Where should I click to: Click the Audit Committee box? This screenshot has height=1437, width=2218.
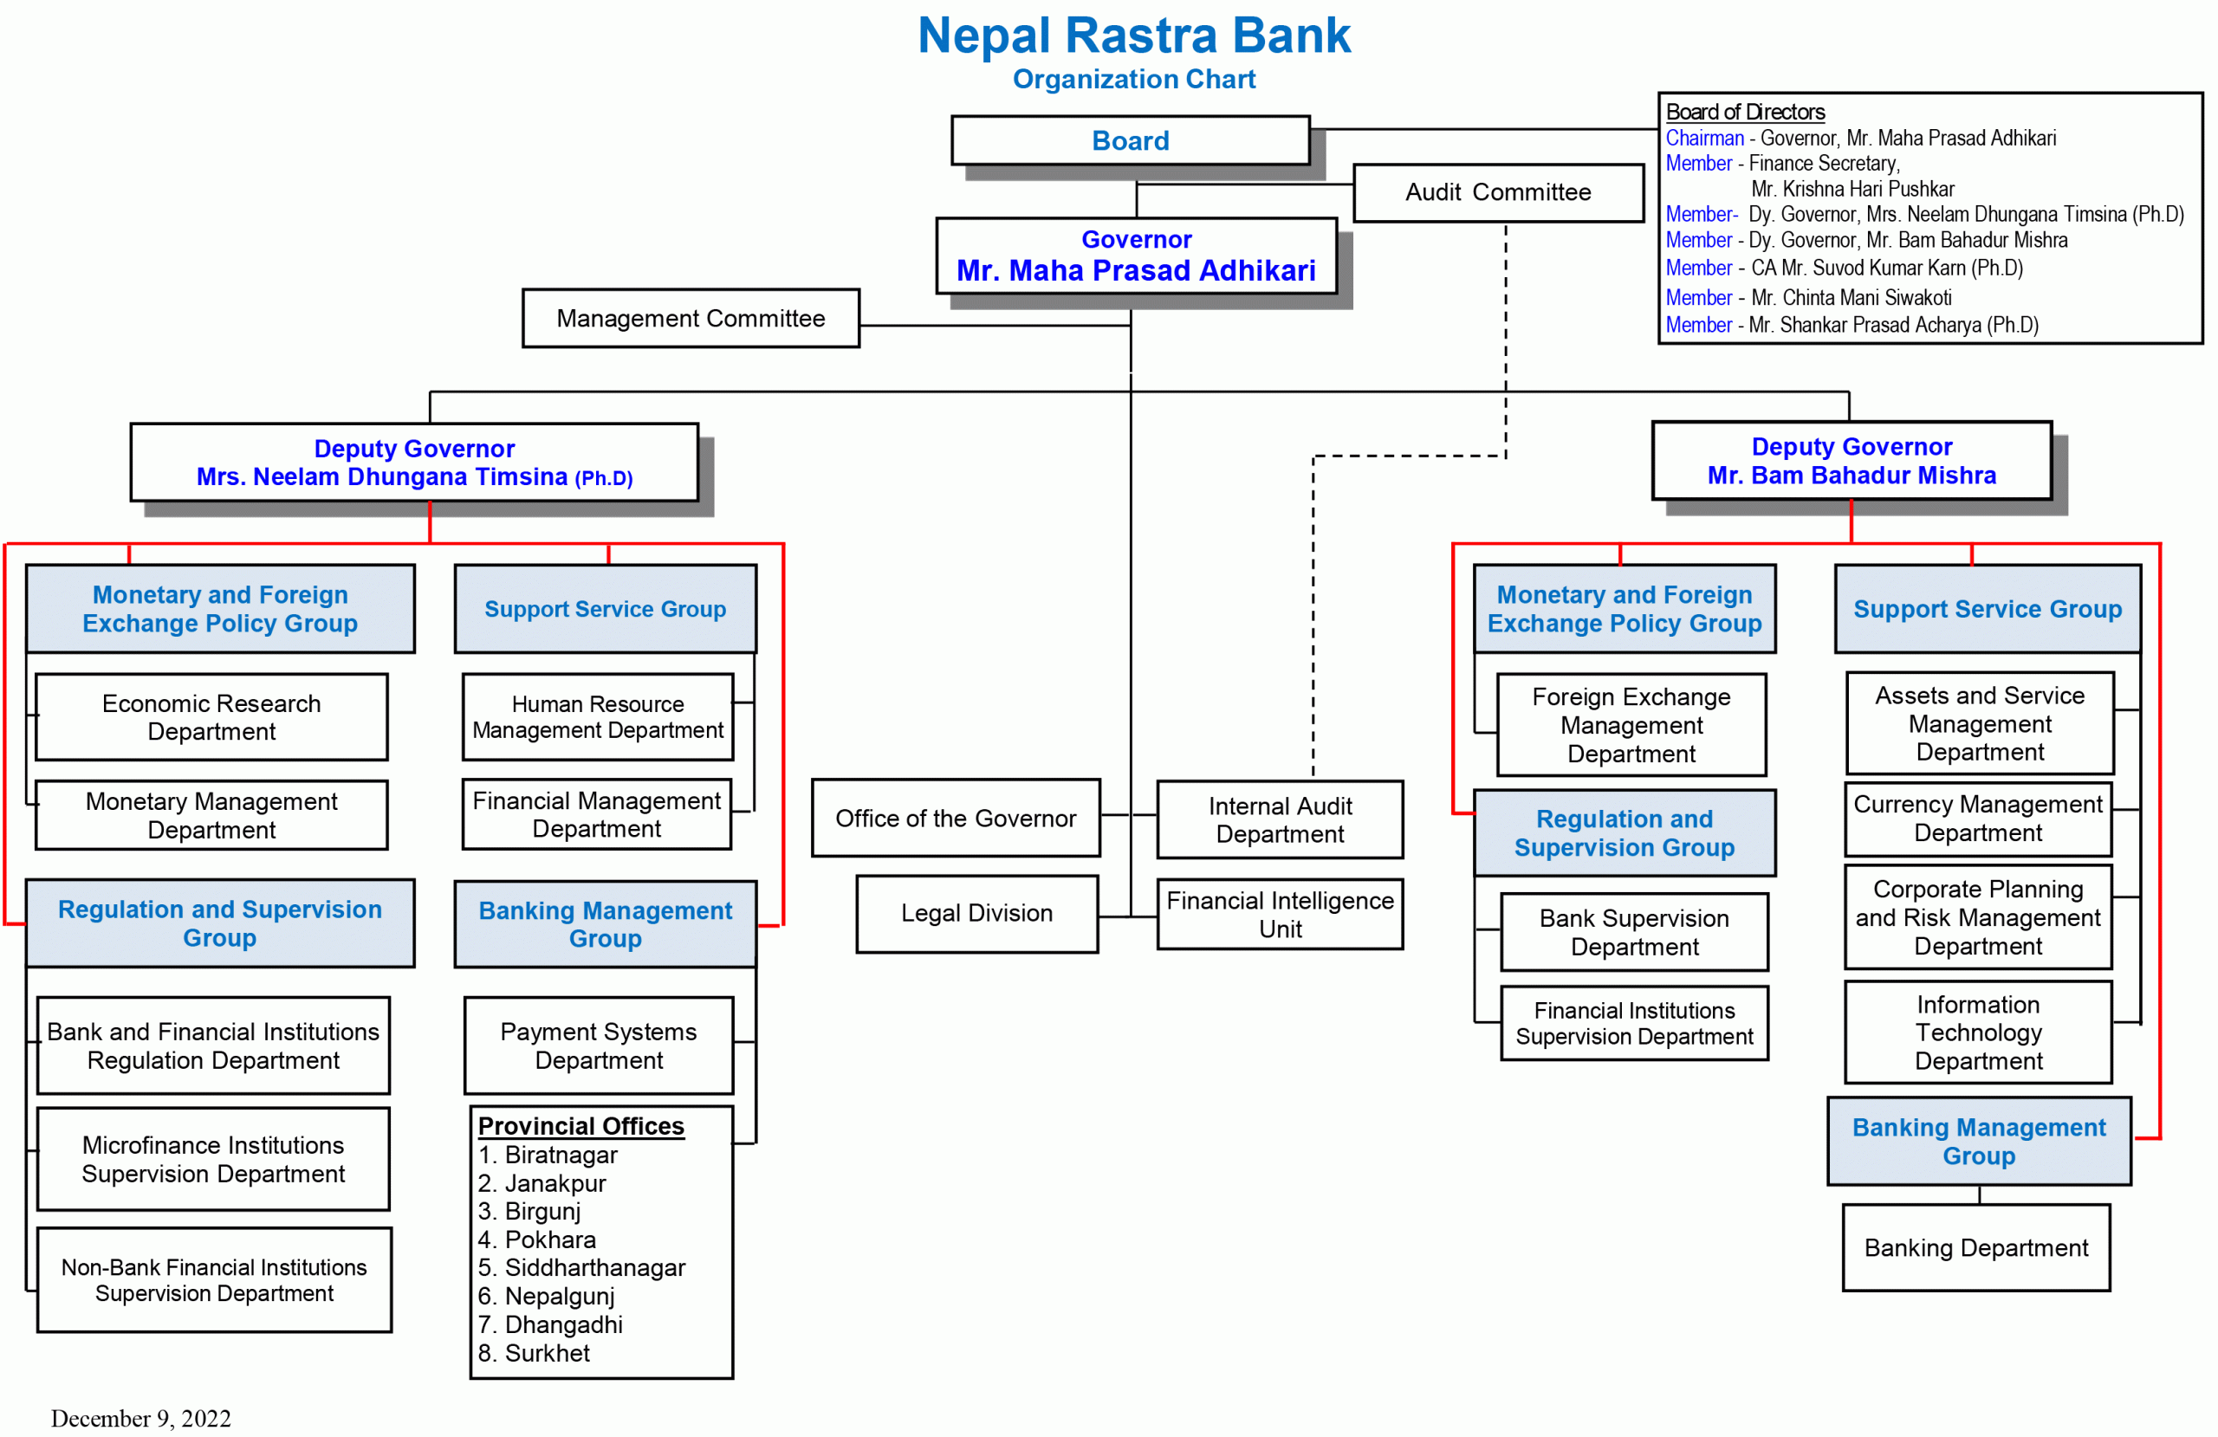pos(1498,193)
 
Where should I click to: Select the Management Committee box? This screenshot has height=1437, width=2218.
pos(691,319)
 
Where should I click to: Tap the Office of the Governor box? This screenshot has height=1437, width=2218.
pos(956,819)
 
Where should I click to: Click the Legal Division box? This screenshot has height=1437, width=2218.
pos(976,913)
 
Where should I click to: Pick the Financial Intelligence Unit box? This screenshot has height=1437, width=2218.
pos(1280,914)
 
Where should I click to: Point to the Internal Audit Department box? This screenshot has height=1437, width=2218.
pos(1280,819)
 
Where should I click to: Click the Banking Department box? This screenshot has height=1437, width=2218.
pos(1975,1248)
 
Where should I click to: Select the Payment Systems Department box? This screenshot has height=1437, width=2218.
pos(599,1045)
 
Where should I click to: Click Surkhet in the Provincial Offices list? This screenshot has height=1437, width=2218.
pos(547,1353)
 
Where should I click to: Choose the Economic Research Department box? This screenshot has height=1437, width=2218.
pos(211,716)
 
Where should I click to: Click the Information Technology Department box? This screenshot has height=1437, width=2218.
pos(1977,1032)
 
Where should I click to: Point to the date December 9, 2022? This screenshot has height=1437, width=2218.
pos(140,1418)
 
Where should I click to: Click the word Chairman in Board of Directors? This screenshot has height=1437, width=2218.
pos(1704,138)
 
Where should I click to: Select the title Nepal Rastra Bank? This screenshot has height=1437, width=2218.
pos(1133,36)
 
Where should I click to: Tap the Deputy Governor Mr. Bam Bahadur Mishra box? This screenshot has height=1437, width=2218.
pos(1851,462)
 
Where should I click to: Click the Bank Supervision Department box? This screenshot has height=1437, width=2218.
pos(1634,932)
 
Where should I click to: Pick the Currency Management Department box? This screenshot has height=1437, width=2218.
pos(1977,819)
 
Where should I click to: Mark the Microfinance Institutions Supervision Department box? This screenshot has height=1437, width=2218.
pos(213,1159)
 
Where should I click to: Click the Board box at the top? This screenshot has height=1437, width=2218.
pos(1130,140)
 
